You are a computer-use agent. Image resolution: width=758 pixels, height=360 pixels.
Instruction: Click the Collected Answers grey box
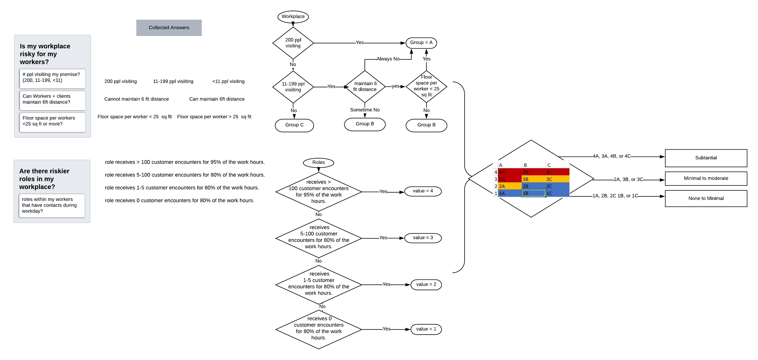[x=169, y=28]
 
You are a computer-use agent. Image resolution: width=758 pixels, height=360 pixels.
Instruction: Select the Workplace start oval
[x=293, y=16]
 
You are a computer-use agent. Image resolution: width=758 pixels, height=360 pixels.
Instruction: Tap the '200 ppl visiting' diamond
[x=293, y=43]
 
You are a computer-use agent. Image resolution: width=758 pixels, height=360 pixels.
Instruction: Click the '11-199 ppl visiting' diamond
[x=293, y=87]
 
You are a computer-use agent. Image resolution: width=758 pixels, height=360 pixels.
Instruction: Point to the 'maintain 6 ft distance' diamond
[x=365, y=86]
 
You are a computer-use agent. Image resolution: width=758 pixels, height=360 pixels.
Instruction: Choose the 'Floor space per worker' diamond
[x=426, y=86]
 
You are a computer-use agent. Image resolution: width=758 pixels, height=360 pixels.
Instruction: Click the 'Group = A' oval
[x=421, y=43]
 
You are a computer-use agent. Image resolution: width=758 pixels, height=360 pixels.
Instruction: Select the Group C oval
[x=294, y=125]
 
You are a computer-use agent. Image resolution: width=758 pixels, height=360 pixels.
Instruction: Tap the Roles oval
[x=318, y=163]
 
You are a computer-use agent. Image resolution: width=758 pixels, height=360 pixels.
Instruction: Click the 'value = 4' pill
[x=423, y=191]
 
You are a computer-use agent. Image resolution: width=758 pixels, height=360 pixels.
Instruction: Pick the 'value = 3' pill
[x=423, y=238]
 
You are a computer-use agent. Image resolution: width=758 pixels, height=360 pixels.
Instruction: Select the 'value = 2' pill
[x=426, y=285]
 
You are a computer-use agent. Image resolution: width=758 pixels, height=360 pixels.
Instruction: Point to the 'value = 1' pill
[x=426, y=329]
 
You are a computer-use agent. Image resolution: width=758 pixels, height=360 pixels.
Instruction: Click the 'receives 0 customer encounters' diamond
[x=319, y=329]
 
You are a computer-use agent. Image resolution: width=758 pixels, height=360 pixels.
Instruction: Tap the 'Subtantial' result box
[x=706, y=158]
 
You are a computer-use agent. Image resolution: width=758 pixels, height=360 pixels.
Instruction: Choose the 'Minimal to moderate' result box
[x=706, y=178]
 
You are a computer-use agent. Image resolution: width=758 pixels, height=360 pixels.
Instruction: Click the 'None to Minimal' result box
[x=706, y=198]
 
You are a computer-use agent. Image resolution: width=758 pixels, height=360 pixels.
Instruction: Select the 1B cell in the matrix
[x=533, y=193]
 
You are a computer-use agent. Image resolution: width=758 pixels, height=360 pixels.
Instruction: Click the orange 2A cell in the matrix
[x=509, y=186]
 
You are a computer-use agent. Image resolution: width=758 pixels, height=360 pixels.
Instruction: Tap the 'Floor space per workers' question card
[x=52, y=122]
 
